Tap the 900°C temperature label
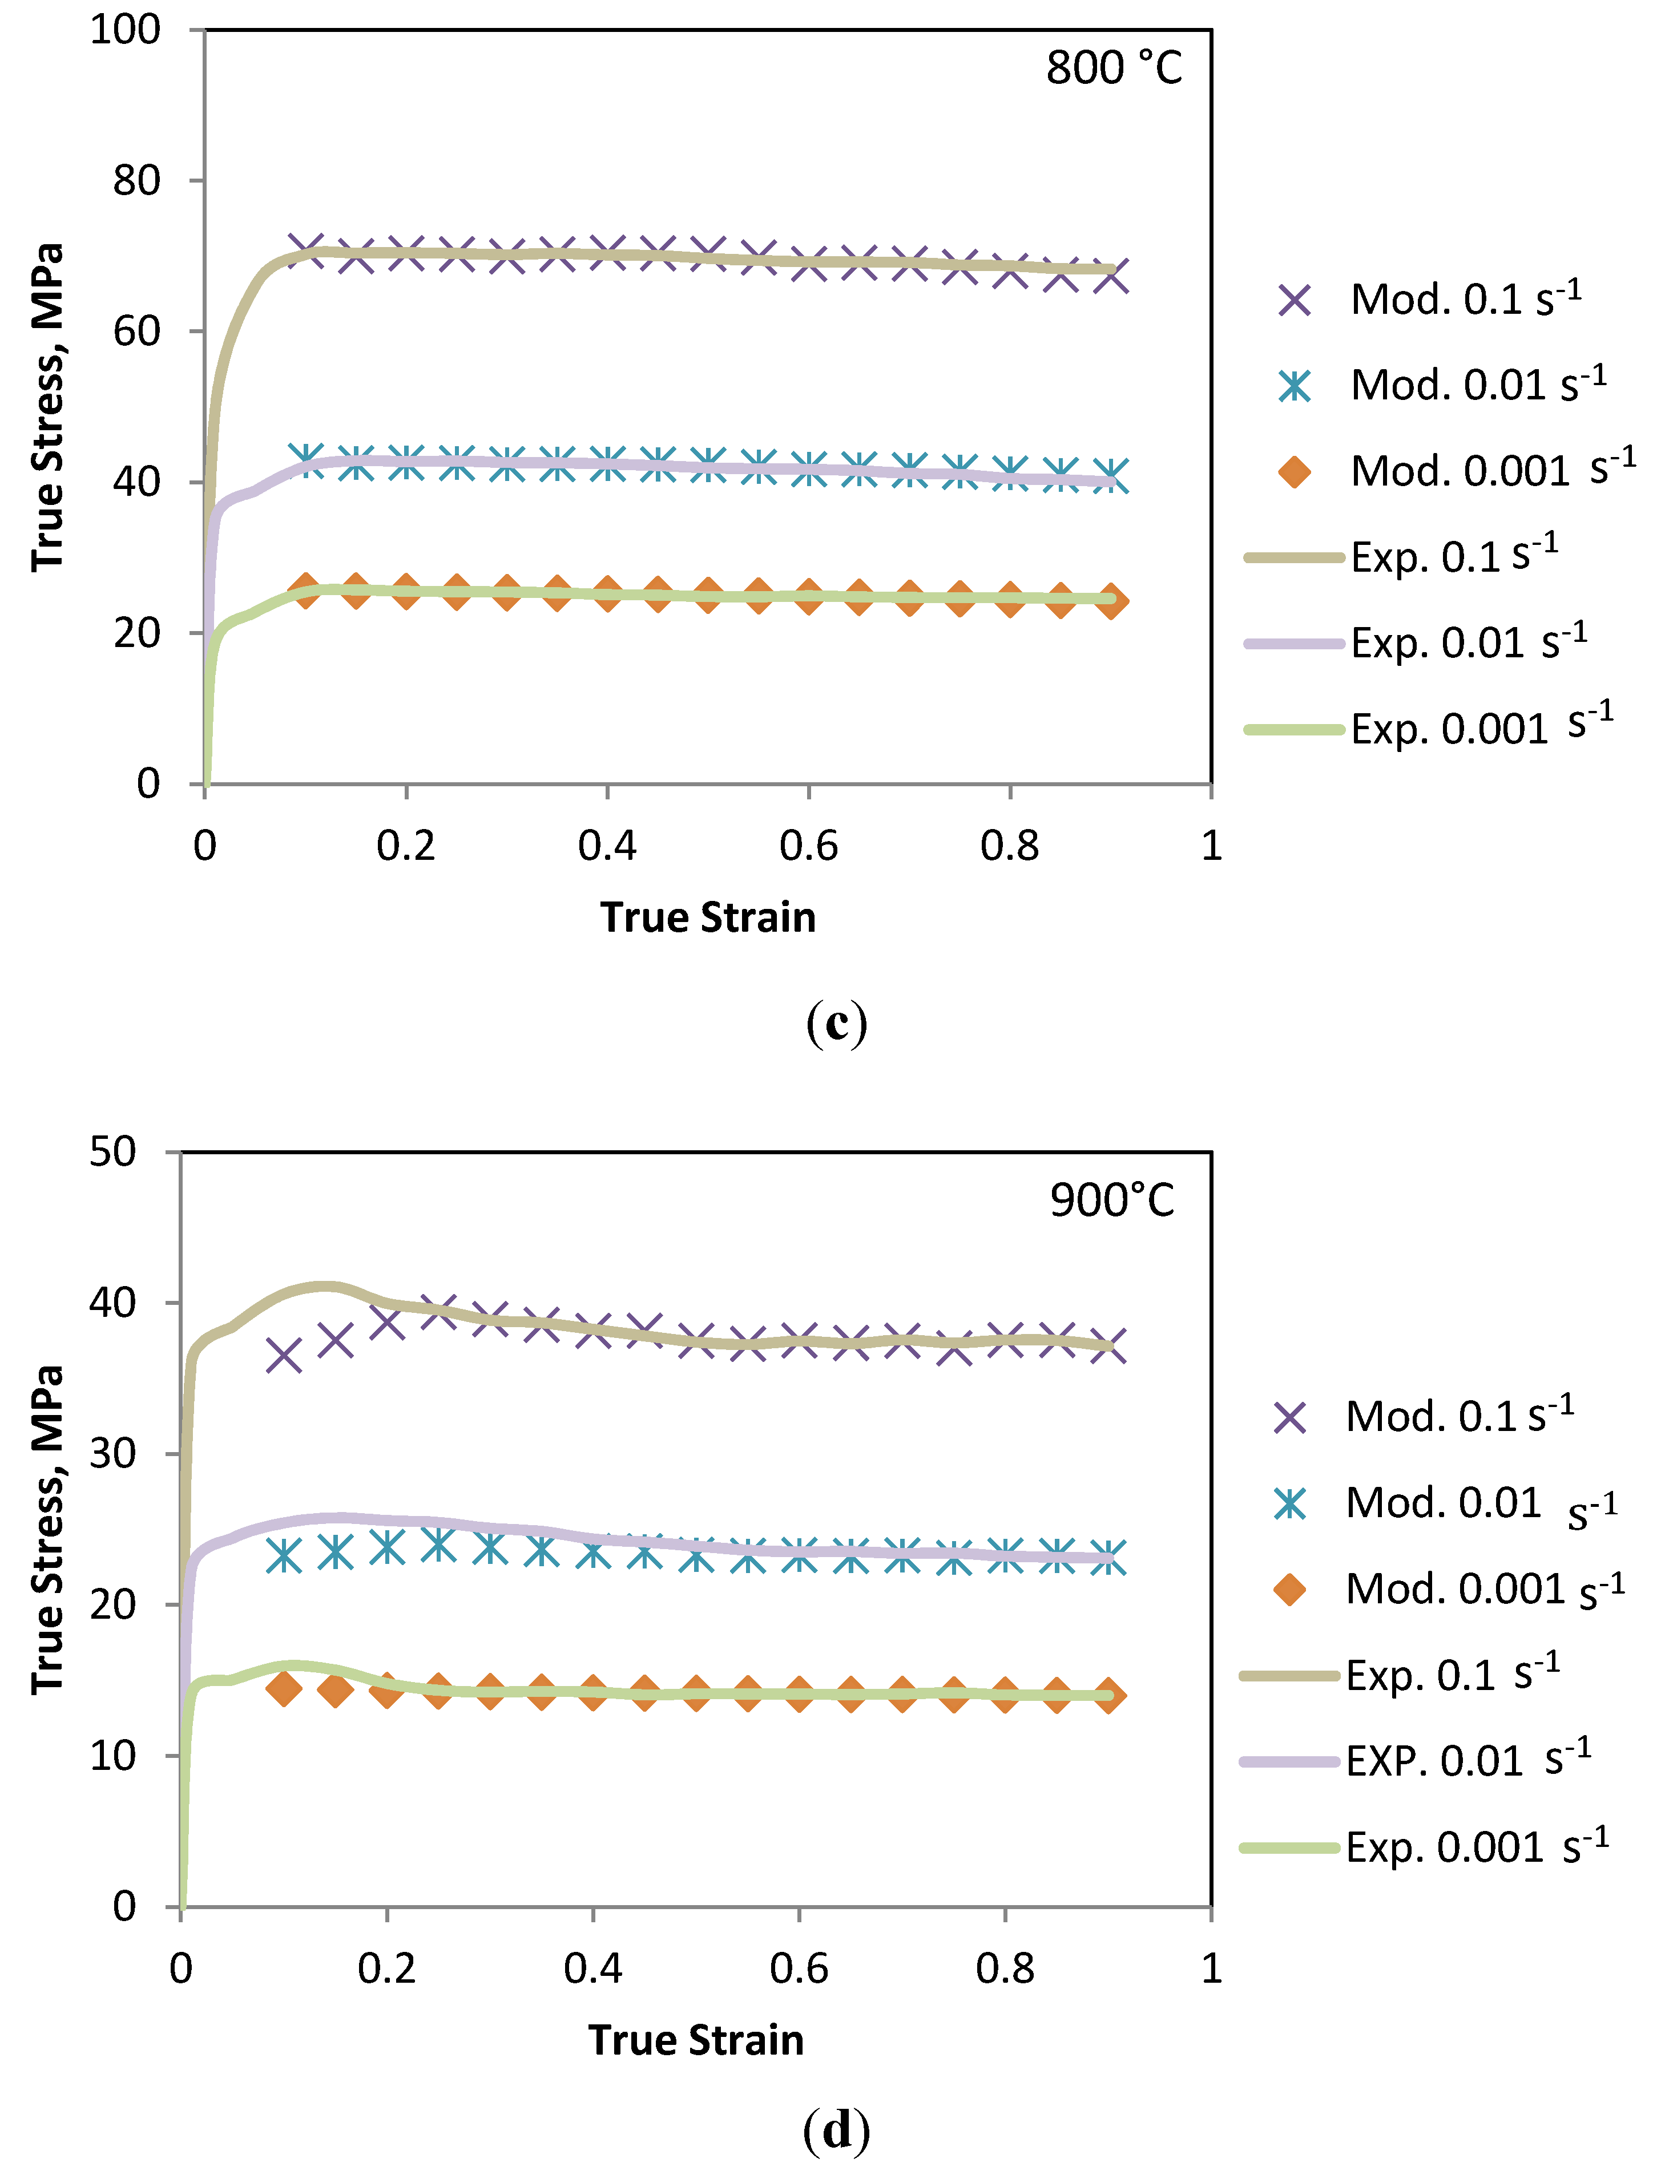pyautogui.click(x=1111, y=1200)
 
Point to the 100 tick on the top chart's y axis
pyautogui.click(x=125, y=30)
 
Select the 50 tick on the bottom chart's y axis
pyautogui.click(x=112, y=1152)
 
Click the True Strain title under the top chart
pyautogui.click(x=707, y=917)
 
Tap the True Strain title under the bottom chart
pyautogui.click(x=695, y=2039)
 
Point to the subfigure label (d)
pyautogui.click(x=836, y=2128)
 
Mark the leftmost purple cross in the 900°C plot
pyautogui.click(x=284, y=1355)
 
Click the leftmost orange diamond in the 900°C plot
pyautogui.click(x=284, y=1687)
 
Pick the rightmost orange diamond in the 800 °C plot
pyautogui.click(x=1112, y=601)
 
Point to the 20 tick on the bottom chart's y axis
pyautogui.click(x=112, y=1604)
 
